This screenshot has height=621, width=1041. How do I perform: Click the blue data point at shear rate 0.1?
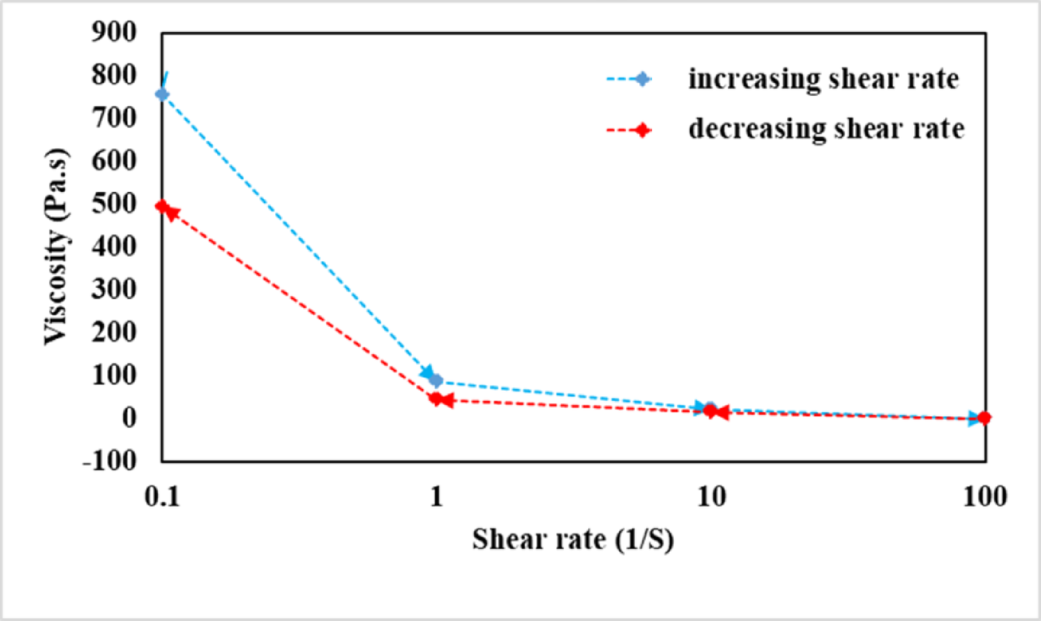point(162,94)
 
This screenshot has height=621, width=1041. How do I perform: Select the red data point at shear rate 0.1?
point(162,206)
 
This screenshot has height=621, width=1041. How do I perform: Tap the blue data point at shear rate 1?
point(436,380)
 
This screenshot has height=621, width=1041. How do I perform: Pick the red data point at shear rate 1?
point(436,399)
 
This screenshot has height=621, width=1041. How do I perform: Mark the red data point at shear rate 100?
point(984,417)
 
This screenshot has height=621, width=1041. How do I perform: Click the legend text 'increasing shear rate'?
point(823,80)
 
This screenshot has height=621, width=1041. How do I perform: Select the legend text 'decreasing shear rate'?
point(826,129)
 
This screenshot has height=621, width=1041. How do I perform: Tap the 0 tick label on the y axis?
point(129,418)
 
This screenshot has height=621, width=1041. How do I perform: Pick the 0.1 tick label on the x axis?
point(162,496)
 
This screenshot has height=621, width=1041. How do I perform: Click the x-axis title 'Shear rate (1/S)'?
point(573,540)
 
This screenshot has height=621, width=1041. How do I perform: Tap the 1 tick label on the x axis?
point(436,496)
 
